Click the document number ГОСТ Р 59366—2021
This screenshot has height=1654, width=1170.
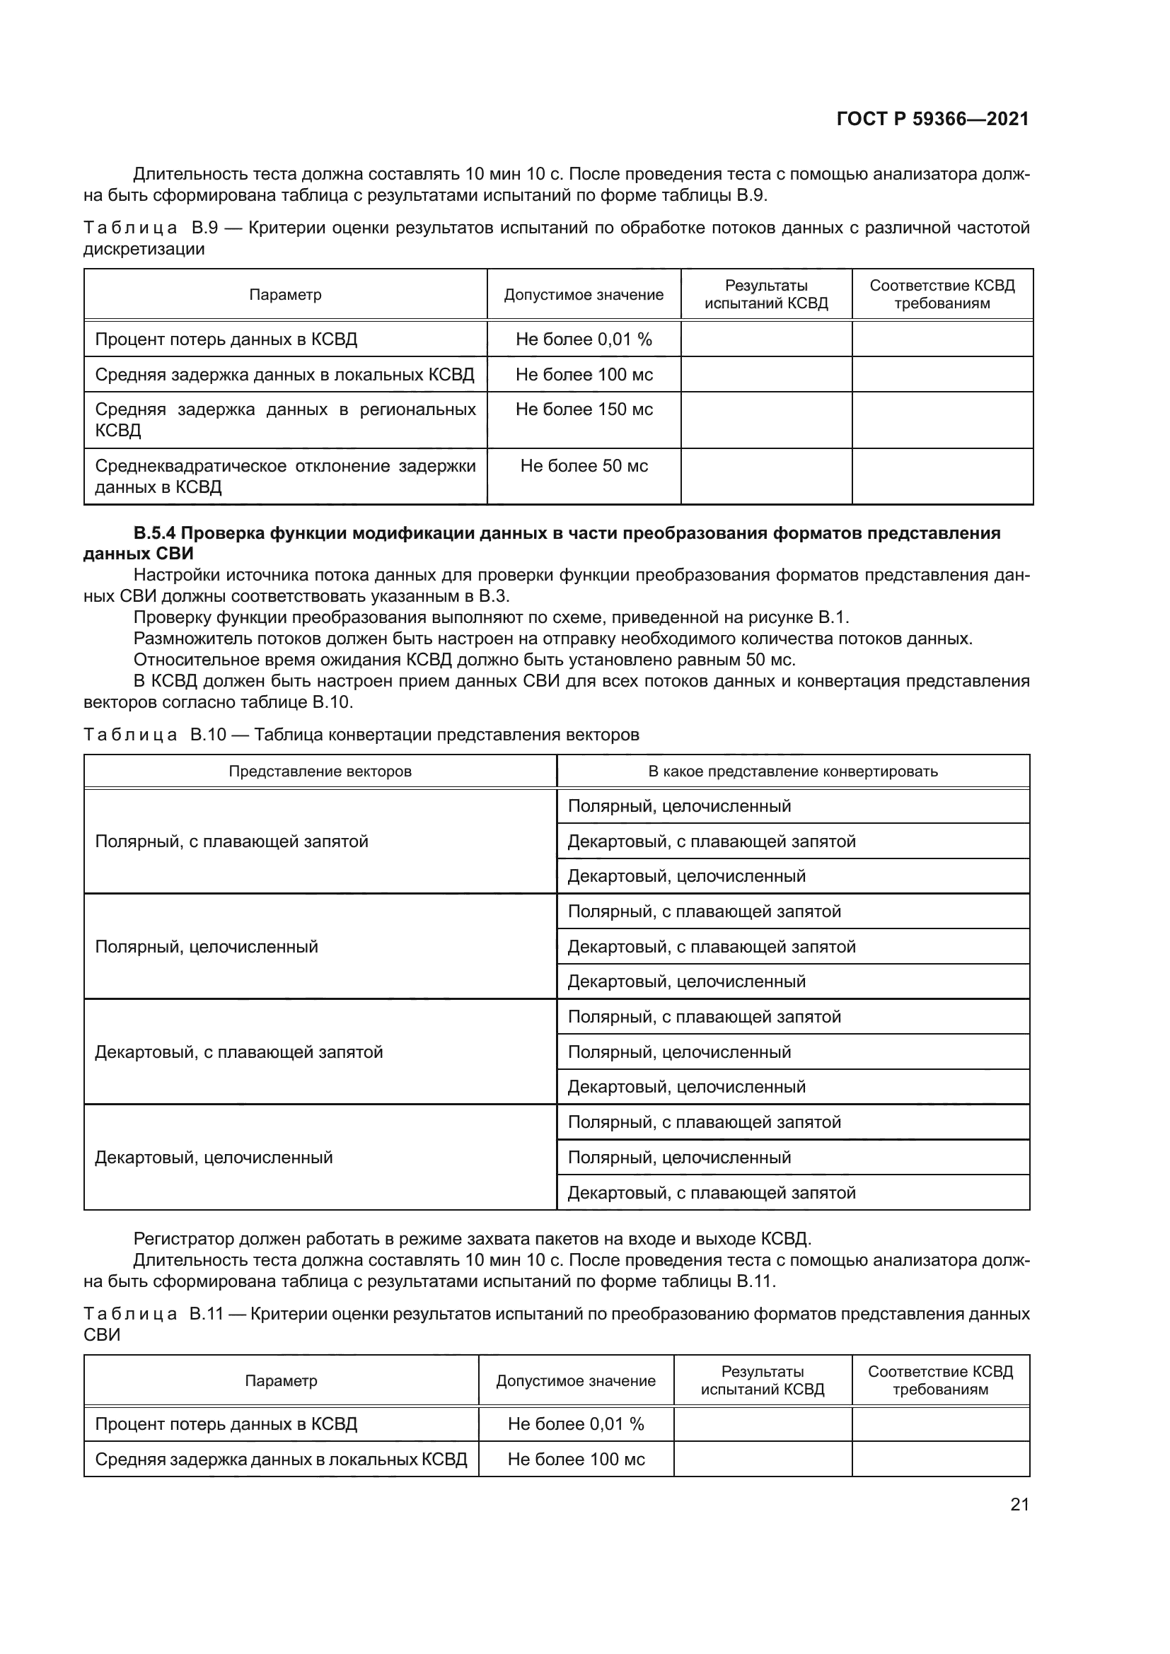[932, 119]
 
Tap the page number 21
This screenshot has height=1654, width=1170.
[1019, 1504]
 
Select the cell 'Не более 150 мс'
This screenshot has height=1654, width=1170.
[584, 409]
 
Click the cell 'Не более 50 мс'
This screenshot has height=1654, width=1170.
[584, 466]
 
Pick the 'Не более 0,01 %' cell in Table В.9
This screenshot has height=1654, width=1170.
[584, 339]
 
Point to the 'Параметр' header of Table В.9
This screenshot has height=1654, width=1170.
[285, 295]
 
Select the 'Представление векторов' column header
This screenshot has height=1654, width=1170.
[320, 771]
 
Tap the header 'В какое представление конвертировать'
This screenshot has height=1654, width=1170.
[792, 771]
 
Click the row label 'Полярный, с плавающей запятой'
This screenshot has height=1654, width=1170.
[231, 841]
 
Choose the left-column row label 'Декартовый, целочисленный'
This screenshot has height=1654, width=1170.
[214, 1158]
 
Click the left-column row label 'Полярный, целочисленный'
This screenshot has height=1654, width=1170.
[207, 947]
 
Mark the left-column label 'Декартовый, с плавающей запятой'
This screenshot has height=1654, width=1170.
[238, 1052]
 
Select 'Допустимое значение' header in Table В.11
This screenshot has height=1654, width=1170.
[576, 1381]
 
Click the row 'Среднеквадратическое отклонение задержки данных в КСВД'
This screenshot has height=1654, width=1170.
[285, 476]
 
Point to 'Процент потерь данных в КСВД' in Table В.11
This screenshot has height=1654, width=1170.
[226, 1424]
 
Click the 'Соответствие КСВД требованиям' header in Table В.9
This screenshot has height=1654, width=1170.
[942, 295]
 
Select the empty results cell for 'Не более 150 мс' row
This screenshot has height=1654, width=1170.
[766, 420]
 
